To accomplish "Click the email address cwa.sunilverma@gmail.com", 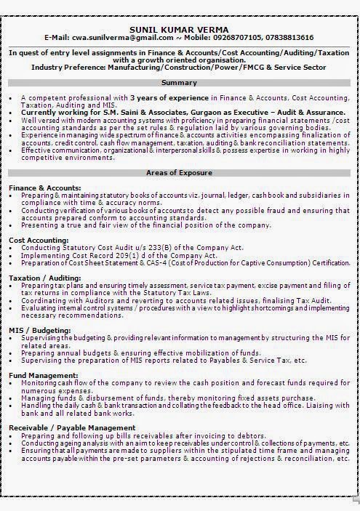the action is point(112,37).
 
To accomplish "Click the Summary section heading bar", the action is point(179,83).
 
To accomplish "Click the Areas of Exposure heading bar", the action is point(179,173).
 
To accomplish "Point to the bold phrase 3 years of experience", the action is point(168,97).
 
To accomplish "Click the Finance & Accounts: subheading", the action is point(44,188).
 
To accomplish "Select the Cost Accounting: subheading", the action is point(39,239).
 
